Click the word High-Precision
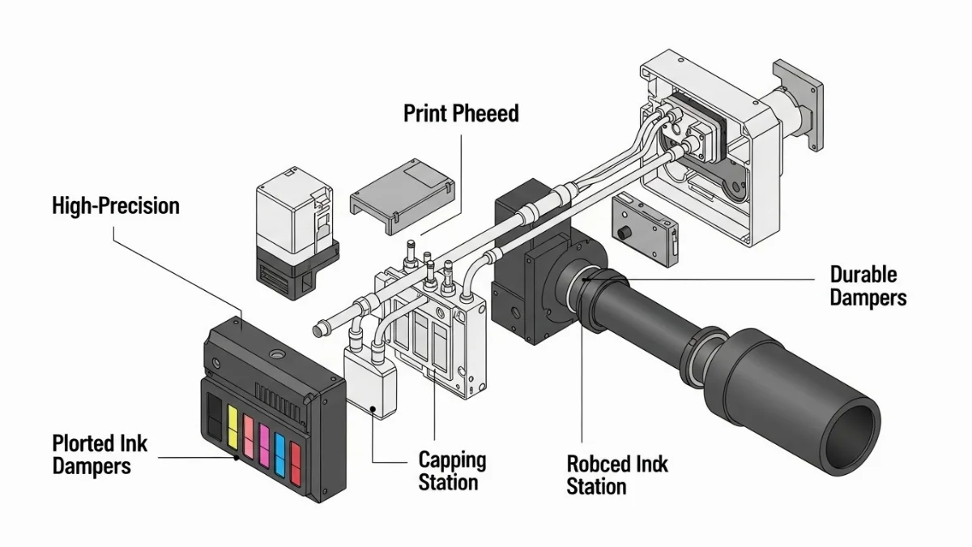click(116, 206)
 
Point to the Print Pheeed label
click(461, 113)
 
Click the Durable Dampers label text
click(868, 286)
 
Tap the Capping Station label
click(452, 472)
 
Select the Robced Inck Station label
click(616, 476)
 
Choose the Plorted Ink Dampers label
click(100, 455)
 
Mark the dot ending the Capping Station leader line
click(373, 409)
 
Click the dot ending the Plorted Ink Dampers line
click(236, 458)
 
